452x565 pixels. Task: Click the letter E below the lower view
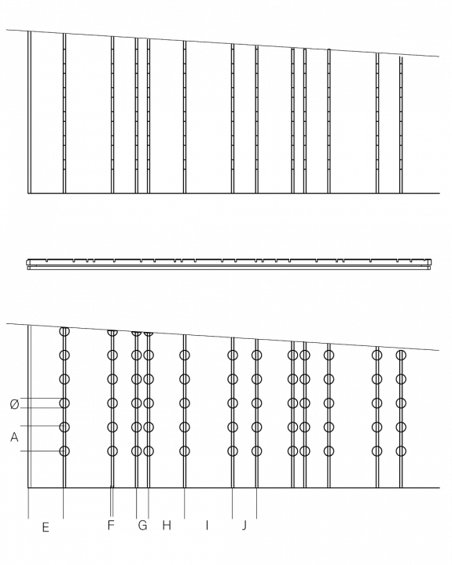coord(46,527)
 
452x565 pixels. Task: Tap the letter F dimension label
coord(111,526)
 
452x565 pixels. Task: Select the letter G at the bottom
coord(142,526)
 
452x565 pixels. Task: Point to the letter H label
coord(167,526)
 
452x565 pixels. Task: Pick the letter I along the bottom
coord(207,526)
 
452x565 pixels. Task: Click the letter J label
coord(245,526)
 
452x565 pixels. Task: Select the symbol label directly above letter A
coord(13,405)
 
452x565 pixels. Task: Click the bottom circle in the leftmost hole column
coord(64,451)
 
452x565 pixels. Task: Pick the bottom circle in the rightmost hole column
coord(401,451)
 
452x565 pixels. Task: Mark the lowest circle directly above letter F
coord(112,451)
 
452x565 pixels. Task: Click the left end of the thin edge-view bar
coord(27,263)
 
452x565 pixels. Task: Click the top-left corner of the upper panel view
coord(28,31)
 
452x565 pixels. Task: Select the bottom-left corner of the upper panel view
coord(28,192)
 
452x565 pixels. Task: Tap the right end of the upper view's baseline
coord(438,192)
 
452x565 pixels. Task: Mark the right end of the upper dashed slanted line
coord(439,56)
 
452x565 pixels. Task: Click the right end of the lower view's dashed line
coord(439,351)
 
